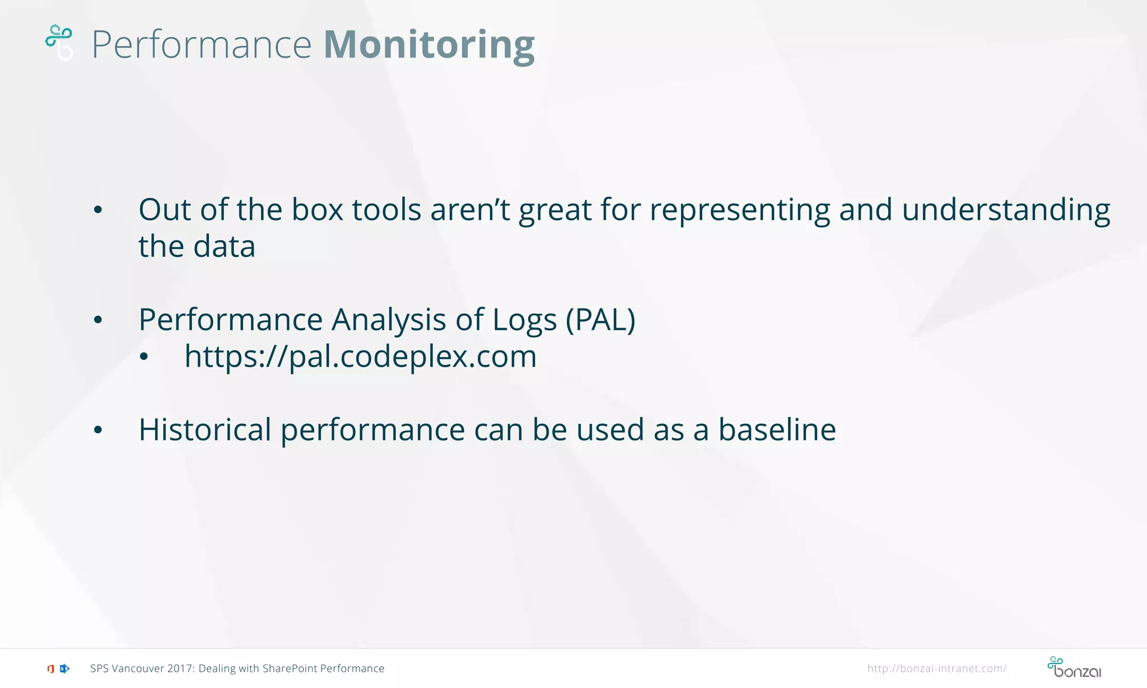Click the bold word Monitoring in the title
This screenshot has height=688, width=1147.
(429, 45)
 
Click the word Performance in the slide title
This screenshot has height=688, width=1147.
(202, 45)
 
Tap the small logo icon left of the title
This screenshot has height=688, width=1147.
(59, 41)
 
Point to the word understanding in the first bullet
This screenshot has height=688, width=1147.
(1006, 210)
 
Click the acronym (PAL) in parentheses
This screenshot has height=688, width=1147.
(600, 320)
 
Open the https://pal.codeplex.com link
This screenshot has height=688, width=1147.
(360, 357)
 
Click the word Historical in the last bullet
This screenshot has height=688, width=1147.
(205, 430)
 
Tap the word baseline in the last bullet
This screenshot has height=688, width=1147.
(777, 430)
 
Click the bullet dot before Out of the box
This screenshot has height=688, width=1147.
(98, 210)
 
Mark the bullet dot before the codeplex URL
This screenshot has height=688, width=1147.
(144, 357)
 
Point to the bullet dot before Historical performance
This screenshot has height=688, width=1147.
(98, 430)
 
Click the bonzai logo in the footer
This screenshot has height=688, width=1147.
(1074, 667)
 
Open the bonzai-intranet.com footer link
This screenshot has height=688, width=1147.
(936, 668)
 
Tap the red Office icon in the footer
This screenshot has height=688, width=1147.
(50, 668)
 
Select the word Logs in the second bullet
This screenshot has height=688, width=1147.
(524, 320)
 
